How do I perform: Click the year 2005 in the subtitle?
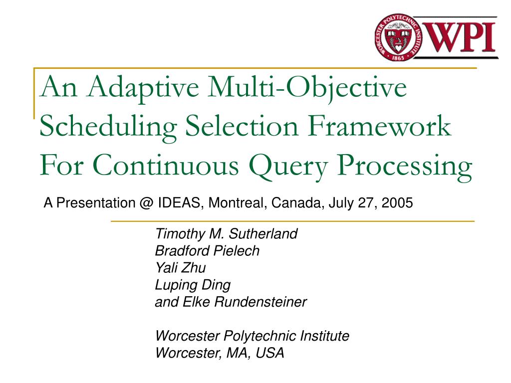coord(399,203)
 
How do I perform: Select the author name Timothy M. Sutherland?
coord(226,234)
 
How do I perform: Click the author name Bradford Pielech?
coord(207,251)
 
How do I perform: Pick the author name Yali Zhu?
coord(180,268)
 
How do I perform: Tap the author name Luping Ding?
coord(193,285)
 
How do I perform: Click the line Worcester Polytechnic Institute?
coord(252,336)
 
